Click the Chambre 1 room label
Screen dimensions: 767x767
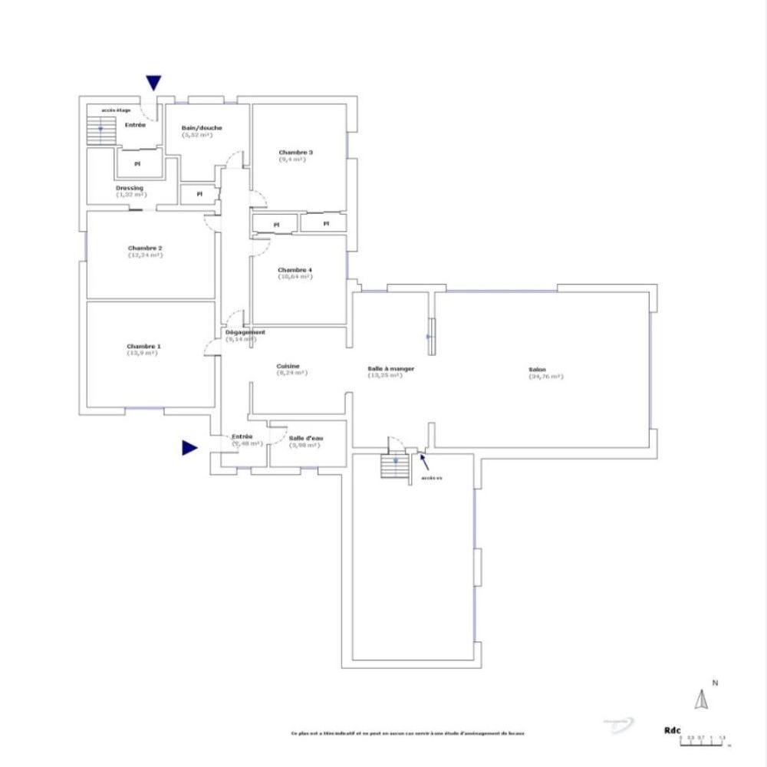(x=143, y=347)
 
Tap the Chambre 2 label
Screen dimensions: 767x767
(x=145, y=249)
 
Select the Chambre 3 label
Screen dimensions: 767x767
(x=295, y=153)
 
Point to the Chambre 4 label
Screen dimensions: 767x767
(x=295, y=270)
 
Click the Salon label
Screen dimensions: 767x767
(x=537, y=370)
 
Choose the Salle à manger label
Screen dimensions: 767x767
(x=391, y=369)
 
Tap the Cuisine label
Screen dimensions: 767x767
(x=288, y=367)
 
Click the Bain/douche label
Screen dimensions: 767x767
(x=202, y=128)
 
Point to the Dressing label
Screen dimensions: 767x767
(x=130, y=188)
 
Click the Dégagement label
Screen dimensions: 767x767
(x=245, y=332)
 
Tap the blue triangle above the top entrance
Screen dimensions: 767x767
(x=154, y=83)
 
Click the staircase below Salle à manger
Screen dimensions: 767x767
(x=395, y=466)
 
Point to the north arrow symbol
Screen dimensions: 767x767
(x=700, y=700)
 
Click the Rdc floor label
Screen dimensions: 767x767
(x=673, y=731)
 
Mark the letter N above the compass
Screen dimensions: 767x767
(x=714, y=682)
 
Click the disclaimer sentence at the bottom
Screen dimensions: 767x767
(x=407, y=733)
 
